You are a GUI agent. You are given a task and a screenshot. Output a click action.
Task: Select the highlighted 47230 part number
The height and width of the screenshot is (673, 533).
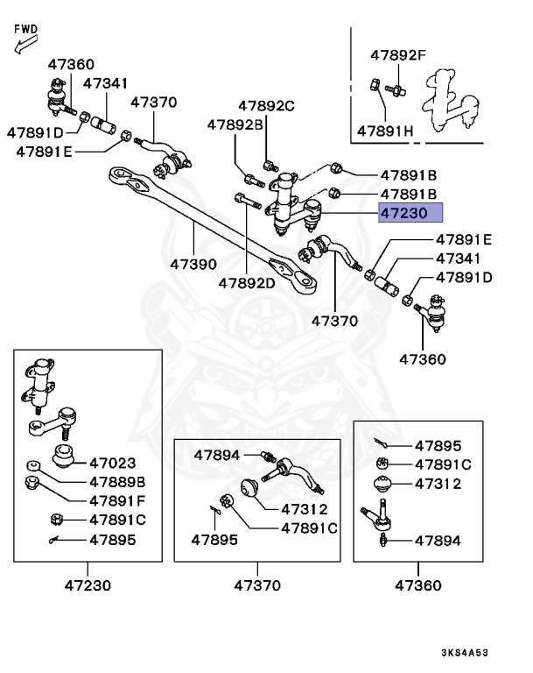coord(410,213)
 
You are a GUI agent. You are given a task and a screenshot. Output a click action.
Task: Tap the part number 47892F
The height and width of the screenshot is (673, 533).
coord(396,55)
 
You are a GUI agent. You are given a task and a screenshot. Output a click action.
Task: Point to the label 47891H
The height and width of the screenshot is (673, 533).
coord(385,131)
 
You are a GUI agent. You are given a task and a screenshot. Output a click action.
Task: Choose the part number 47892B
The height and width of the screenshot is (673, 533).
coord(235,125)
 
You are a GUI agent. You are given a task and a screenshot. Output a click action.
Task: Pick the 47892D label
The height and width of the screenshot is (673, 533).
coord(247,283)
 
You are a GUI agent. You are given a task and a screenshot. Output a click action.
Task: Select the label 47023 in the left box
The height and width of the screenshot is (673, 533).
coord(111,462)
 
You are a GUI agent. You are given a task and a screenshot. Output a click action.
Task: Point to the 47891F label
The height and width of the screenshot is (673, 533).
coord(116,500)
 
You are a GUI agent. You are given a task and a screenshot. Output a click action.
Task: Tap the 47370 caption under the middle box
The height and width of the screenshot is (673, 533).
coord(258,584)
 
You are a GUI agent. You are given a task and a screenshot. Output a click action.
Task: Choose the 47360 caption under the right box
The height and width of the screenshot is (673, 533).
coord(418,584)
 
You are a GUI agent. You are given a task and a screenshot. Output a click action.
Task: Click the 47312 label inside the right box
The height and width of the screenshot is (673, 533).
coord(437,484)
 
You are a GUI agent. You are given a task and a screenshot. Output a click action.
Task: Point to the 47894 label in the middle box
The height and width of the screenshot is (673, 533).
coord(218,455)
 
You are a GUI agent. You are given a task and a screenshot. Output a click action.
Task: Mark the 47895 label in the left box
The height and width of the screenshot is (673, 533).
coord(111,540)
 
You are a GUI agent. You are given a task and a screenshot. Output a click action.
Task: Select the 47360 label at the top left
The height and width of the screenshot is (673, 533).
coord(71,64)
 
